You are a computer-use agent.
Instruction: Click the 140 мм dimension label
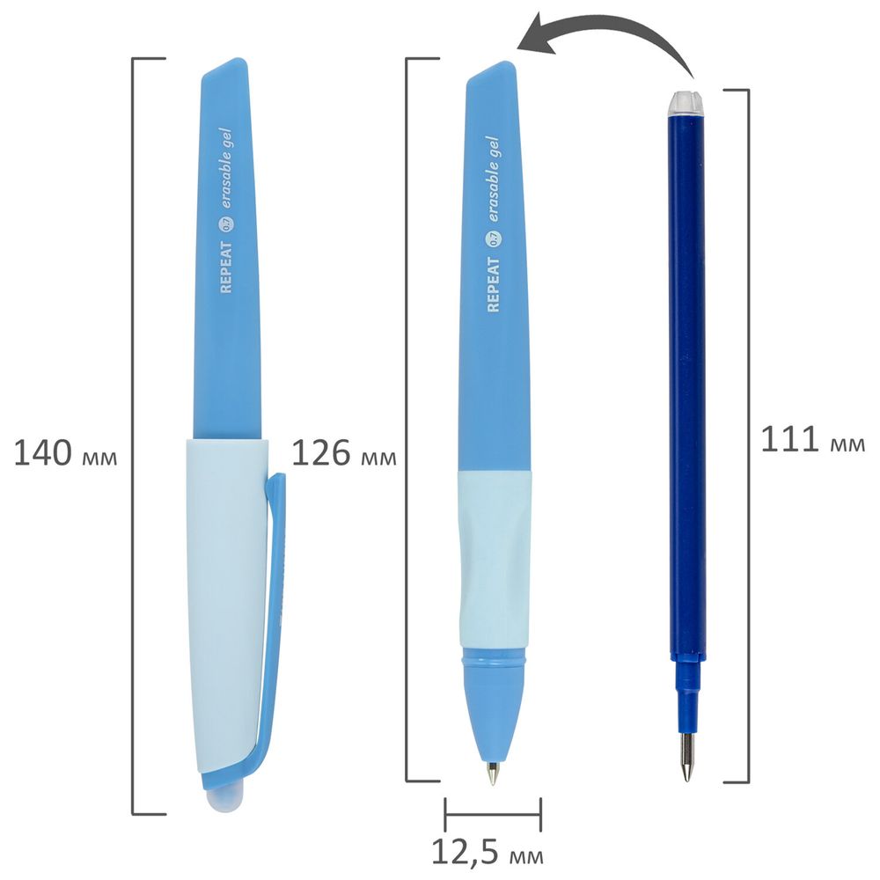tap(66, 453)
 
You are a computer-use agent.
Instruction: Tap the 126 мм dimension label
tap(344, 453)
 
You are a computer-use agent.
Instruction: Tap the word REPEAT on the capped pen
tap(225, 268)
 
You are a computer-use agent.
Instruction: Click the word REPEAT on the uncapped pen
tap(493, 284)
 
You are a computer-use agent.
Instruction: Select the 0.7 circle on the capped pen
tap(228, 225)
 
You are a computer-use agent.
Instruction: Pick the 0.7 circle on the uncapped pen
tap(494, 239)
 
